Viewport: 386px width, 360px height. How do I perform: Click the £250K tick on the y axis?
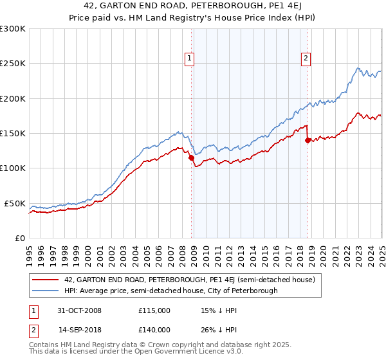click(13, 64)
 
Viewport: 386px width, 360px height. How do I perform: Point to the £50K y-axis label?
click(15, 203)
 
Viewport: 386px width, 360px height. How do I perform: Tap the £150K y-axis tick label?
click(13, 133)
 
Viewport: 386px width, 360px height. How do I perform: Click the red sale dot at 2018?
click(308, 140)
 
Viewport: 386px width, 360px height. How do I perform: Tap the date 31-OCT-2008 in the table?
click(80, 310)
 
